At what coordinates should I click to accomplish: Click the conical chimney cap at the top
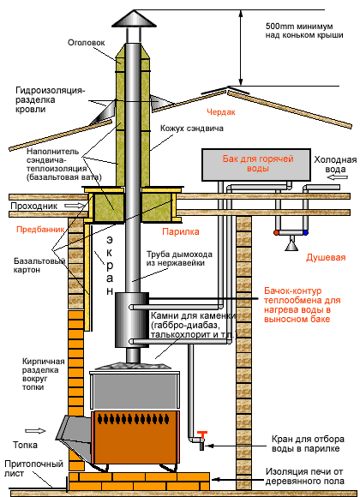[135, 19]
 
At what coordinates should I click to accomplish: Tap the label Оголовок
[87, 43]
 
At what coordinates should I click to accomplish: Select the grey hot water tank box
[256, 165]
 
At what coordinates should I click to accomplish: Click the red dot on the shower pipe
[276, 233]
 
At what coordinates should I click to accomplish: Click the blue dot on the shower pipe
[305, 233]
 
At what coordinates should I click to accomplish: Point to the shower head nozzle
[291, 245]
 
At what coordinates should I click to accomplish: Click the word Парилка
[181, 232]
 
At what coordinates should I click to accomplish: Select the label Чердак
[221, 112]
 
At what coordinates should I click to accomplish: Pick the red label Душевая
[326, 257]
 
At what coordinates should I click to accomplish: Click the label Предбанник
[40, 229]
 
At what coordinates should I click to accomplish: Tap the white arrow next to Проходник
[75, 206]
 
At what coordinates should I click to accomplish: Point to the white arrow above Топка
[35, 431]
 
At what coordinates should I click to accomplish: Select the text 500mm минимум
[299, 27]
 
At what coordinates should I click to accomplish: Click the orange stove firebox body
[135, 438]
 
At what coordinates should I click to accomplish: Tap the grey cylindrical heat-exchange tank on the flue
[132, 320]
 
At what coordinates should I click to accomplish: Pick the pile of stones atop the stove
[134, 365]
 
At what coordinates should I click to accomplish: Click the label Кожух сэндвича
[192, 129]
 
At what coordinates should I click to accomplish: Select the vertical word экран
[110, 265]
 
